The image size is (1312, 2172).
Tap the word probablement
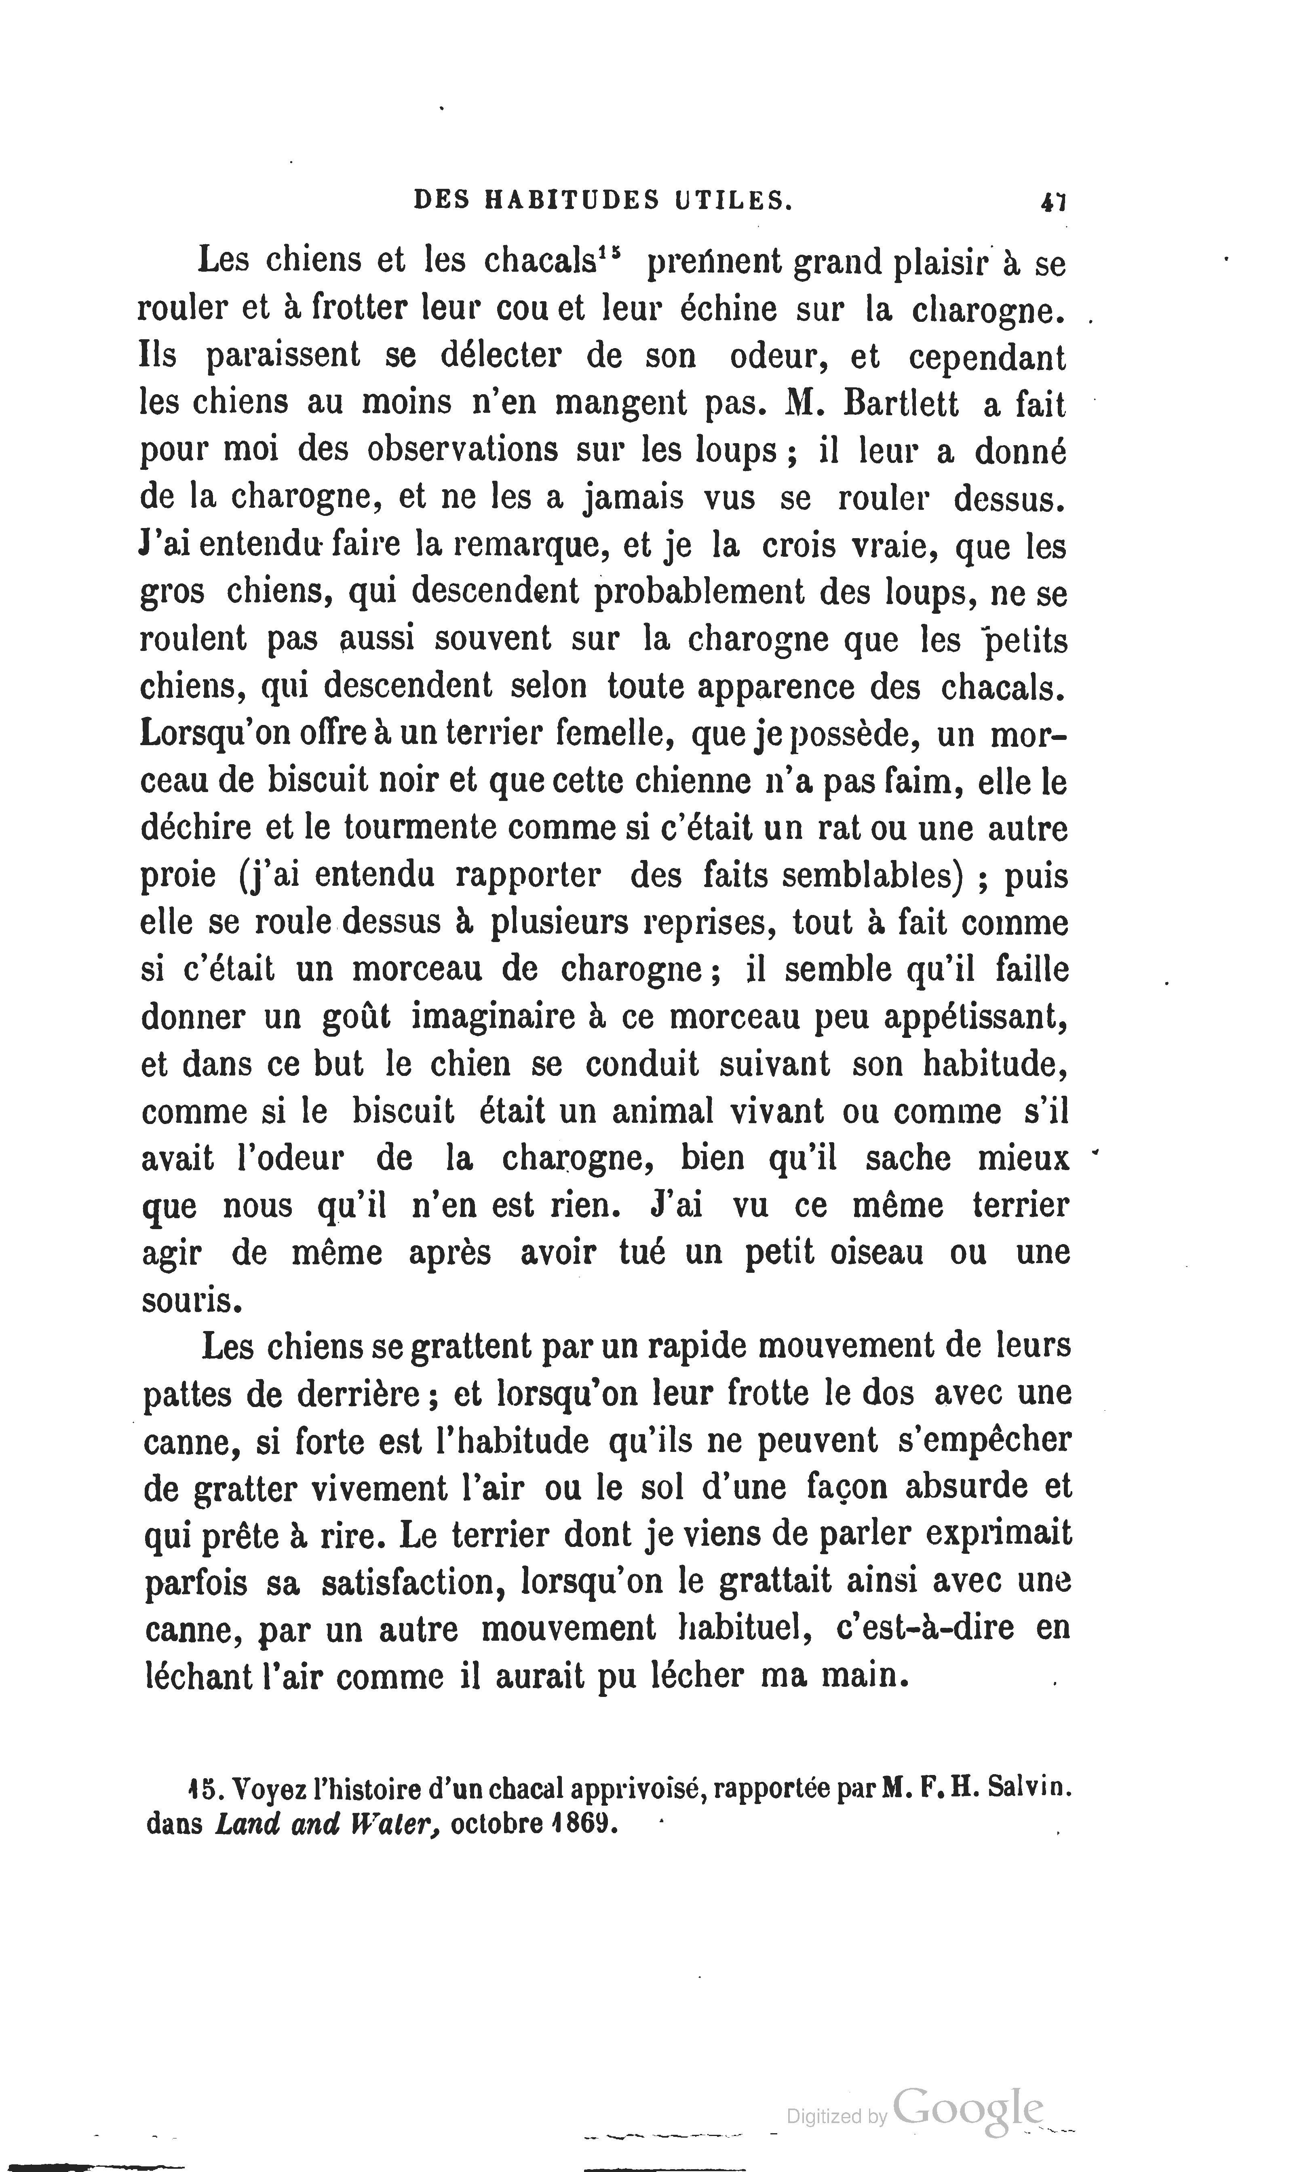tap(699, 592)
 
